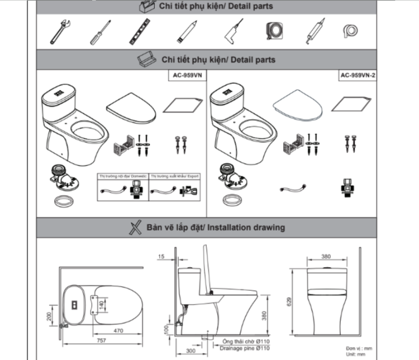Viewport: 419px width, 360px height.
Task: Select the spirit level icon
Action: click(142, 31)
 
